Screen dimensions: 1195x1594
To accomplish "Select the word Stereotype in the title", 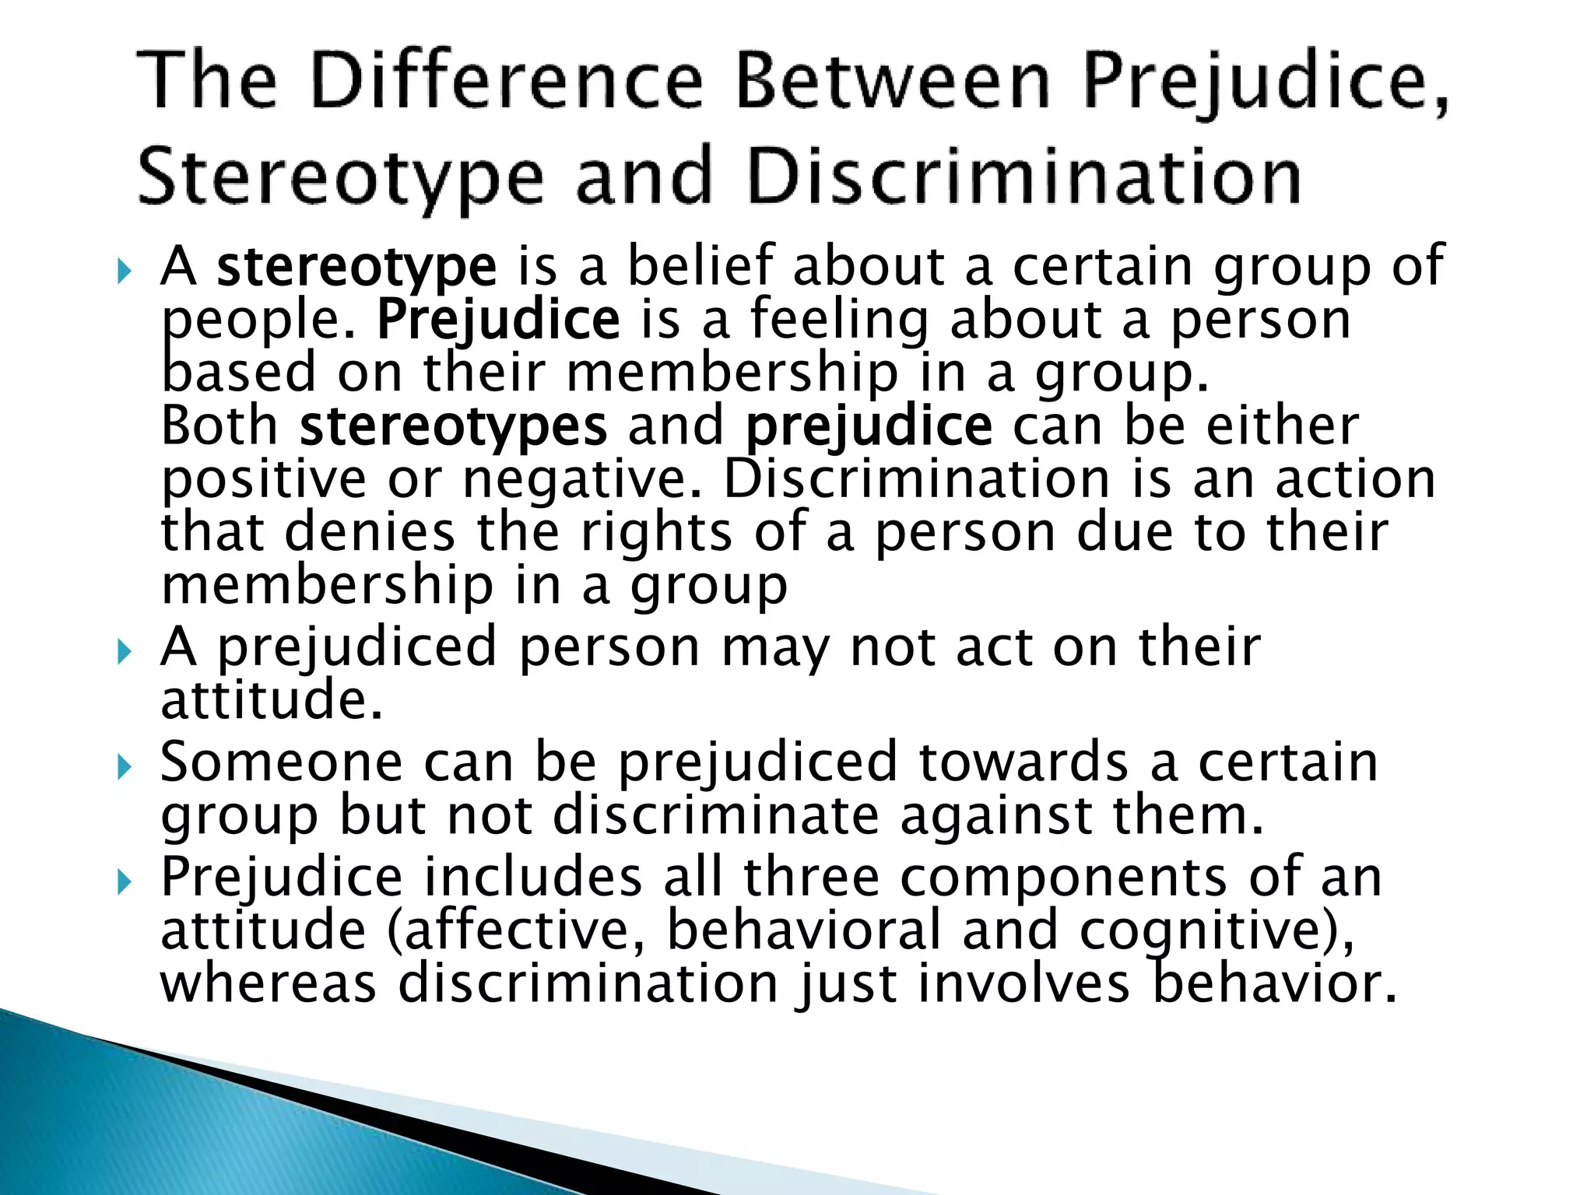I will [x=339, y=177].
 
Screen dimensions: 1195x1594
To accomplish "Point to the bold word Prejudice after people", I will [x=498, y=321].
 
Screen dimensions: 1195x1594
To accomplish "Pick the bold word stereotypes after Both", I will [x=453, y=427].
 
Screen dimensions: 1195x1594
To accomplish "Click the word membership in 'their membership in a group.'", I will [x=732, y=373].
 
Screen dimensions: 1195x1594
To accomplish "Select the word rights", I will [x=657, y=533].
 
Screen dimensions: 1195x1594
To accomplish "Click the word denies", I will [x=370, y=533].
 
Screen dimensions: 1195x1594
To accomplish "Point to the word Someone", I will [x=281, y=762].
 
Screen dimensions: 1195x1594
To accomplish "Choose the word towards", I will [x=1023, y=762].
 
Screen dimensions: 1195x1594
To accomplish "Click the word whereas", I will [x=269, y=983].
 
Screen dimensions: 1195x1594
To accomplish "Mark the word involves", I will [x=1023, y=983].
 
